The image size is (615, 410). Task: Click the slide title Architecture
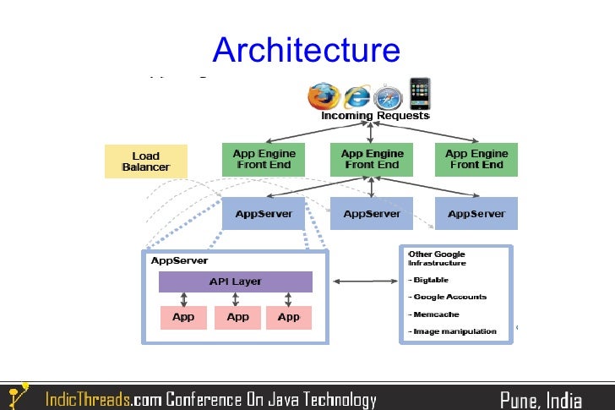[x=306, y=50]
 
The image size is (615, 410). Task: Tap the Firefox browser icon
[x=322, y=96]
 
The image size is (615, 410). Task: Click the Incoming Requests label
[x=375, y=116]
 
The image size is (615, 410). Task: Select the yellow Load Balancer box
[x=145, y=161]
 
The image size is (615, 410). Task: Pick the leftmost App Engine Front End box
[x=264, y=160]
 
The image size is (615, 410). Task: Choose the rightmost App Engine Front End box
[x=476, y=160]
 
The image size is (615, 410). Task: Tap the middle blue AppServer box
[x=372, y=214]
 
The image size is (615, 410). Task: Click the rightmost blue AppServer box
[x=476, y=214]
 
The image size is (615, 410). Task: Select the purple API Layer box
[x=235, y=282]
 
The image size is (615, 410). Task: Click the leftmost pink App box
[x=183, y=317]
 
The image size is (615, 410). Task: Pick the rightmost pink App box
[x=289, y=317]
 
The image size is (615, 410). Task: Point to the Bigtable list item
[x=431, y=280]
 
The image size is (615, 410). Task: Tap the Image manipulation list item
[x=454, y=331]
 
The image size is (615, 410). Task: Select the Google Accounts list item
[x=449, y=297]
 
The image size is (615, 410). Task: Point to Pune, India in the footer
[x=541, y=399]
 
